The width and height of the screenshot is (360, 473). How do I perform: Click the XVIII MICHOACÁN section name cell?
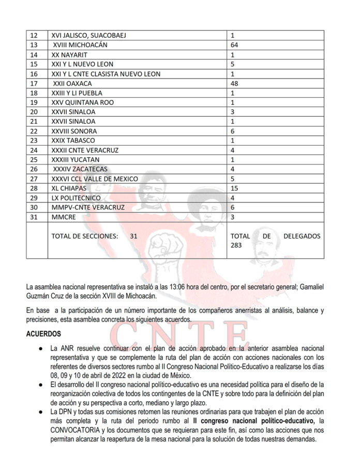click(x=82, y=45)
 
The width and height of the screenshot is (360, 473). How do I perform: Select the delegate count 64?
click(x=234, y=45)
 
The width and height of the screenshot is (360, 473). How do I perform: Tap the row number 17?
click(x=35, y=83)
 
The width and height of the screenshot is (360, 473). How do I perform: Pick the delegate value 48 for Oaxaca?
click(x=234, y=83)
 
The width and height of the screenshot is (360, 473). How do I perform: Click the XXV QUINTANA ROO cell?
click(x=83, y=102)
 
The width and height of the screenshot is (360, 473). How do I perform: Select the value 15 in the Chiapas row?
click(x=234, y=188)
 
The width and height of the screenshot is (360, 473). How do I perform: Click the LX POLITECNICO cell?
click(x=76, y=198)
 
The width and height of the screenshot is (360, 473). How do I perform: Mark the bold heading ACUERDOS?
click(x=43, y=334)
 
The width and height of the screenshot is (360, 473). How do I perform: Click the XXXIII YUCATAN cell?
click(x=75, y=160)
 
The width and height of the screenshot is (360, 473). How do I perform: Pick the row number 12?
click(x=35, y=36)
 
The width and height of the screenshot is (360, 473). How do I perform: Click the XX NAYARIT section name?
click(x=69, y=55)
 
